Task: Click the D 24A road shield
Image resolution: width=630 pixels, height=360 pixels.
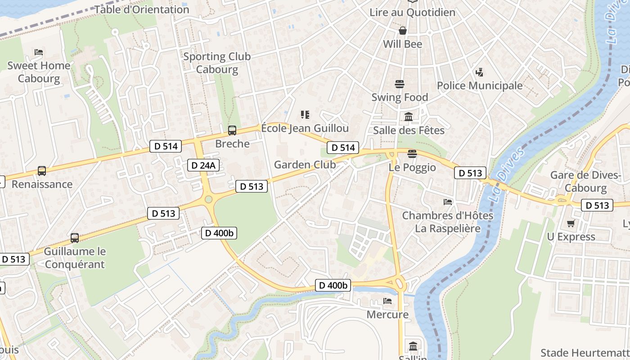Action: (203, 165)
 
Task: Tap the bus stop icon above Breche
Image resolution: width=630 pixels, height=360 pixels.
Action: (232, 130)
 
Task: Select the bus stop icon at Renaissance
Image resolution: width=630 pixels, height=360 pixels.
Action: (42, 171)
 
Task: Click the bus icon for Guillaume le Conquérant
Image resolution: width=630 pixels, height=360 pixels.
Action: (75, 238)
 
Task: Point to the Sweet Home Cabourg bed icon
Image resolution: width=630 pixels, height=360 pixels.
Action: (39, 52)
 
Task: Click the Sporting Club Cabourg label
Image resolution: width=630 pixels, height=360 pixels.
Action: (217, 63)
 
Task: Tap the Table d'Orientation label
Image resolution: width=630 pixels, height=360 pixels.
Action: (142, 9)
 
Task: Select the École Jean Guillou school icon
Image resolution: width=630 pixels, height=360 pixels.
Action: (305, 115)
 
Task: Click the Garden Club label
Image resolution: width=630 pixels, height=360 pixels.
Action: (305, 165)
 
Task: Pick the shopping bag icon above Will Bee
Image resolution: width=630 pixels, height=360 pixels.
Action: (402, 31)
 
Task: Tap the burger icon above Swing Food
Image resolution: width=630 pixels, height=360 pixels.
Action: (400, 84)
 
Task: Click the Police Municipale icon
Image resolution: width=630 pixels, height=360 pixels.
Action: (480, 72)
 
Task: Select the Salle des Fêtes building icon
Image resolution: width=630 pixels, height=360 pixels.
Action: (409, 117)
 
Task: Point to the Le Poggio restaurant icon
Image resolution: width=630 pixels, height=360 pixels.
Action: (412, 154)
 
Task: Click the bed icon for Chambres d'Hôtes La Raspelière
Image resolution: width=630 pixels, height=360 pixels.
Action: (447, 202)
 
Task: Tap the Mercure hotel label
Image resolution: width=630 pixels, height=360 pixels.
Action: (387, 314)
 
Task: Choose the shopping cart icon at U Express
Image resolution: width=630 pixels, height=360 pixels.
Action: (571, 223)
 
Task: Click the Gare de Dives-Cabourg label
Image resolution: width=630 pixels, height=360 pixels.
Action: (585, 181)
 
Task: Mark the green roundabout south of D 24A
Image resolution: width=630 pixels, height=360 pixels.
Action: (208, 199)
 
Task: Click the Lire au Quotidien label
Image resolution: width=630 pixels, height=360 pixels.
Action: (412, 12)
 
